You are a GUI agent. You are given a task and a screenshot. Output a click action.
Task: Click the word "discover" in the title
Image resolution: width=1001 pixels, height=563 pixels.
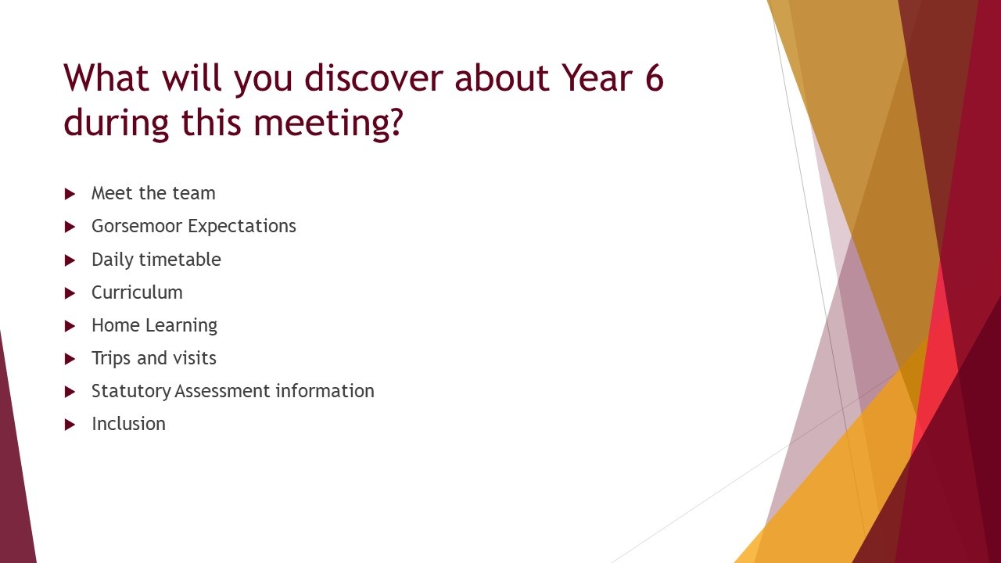374,77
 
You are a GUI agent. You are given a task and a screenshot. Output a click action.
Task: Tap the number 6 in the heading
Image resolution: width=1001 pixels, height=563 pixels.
655,77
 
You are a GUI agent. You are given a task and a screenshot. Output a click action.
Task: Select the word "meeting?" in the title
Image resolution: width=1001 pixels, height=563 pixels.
328,123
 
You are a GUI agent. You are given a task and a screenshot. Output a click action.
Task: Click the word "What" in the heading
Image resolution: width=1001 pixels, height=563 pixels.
106,77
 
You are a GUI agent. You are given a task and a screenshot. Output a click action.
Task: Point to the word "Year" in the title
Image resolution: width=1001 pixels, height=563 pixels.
597,77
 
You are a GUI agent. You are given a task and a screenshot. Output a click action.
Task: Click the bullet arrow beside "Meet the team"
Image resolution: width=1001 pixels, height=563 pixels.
70,194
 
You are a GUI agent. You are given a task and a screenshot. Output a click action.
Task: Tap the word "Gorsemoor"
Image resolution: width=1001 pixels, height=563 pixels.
136,226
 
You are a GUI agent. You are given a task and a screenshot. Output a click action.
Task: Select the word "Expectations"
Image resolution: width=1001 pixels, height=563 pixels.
242,227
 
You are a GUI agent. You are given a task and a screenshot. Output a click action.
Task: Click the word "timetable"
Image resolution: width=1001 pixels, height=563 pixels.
180,259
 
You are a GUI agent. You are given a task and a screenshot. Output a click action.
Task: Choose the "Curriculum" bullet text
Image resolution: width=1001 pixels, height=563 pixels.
137,292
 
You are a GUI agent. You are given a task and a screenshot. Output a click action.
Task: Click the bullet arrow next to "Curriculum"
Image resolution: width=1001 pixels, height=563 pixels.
70,293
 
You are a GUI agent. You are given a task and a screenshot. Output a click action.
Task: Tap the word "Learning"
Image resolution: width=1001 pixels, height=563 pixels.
181,326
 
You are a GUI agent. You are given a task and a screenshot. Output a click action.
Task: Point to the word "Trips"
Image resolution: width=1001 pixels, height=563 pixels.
111,359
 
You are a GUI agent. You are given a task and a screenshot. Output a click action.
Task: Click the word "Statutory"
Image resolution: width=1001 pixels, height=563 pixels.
131,392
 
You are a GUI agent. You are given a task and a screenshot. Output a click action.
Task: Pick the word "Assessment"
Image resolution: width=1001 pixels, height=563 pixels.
223,392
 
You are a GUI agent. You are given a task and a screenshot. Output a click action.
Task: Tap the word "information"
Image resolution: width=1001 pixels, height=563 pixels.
325,391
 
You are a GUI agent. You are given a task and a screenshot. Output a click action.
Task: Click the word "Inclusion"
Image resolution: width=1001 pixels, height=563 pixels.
129,424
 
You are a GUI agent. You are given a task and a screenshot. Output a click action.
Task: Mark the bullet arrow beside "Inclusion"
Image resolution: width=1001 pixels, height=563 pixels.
70,425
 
